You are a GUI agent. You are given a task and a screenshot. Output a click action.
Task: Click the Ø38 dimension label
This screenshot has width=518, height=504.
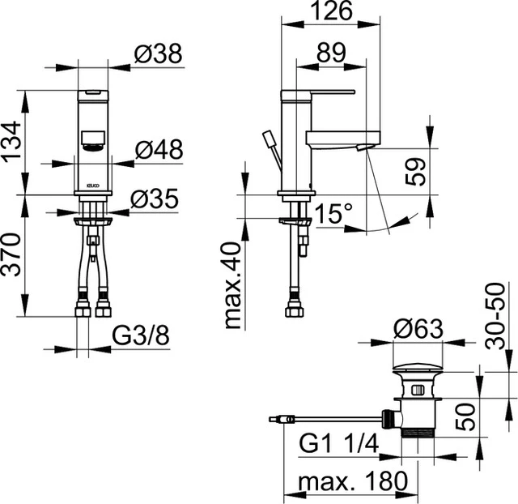click(159, 53)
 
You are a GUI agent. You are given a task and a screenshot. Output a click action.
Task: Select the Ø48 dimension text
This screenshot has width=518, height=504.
click(159, 149)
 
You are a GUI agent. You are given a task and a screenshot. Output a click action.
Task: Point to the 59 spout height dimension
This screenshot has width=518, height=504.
click(414, 171)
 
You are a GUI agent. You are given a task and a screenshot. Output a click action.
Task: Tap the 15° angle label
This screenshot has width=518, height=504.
click(334, 214)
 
